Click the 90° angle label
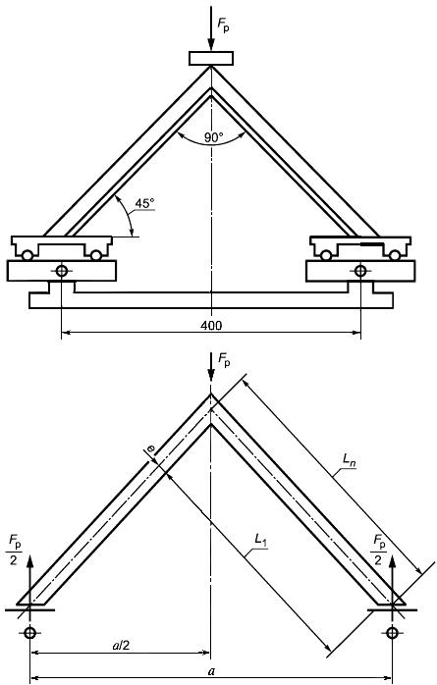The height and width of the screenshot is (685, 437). (x=213, y=137)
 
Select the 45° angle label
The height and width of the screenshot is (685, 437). (x=144, y=203)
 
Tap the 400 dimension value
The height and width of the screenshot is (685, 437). (x=211, y=326)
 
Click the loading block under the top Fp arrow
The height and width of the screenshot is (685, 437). (x=211, y=58)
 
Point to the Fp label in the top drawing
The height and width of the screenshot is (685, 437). (x=223, y=26)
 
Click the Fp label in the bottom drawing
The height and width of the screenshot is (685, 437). (x=223, y=361)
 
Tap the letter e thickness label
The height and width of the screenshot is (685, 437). (x=150, y=448)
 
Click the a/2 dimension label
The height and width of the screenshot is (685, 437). (x=121, y=645)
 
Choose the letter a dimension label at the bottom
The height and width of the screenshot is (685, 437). (x=211, y=671)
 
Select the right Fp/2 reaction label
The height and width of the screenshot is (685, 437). (x=379, y=551)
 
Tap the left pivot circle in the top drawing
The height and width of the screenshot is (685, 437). (x=62, y=271)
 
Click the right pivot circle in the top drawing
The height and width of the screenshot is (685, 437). (x=360, y=271)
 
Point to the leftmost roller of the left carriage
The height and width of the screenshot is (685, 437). (x=27, y=255)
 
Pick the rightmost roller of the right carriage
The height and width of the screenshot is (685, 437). (x=395, y=255)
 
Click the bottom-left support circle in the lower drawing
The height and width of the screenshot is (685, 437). (x=29, y=632)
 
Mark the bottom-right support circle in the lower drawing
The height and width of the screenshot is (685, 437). (x=392, y=632)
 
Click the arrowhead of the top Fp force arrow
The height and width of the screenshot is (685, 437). (x=211, y=44)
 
